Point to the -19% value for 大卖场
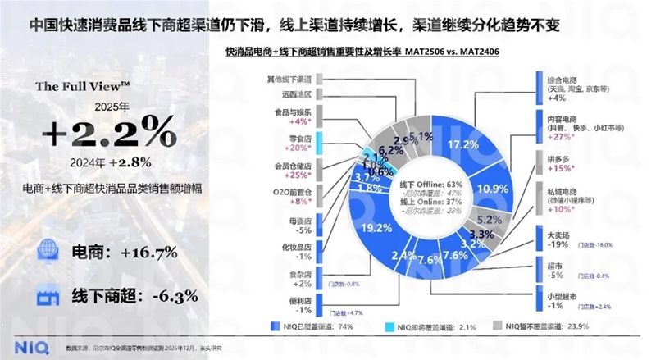point(557,244)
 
